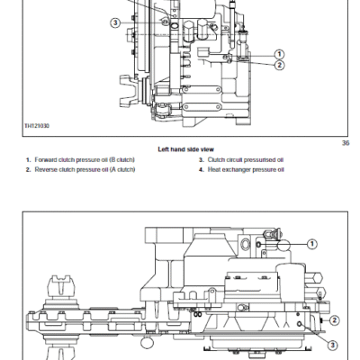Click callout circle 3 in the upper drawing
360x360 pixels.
click(115, 22)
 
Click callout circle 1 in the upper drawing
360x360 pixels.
click(279, 54)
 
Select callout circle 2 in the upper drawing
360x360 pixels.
click(279, 65)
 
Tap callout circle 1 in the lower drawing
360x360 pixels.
click(312, 244)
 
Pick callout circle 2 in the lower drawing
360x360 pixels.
click(335, 320)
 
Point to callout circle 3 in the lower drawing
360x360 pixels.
click(332, 345)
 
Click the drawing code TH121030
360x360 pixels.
click(37, 125)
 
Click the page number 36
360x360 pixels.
click(346, 143)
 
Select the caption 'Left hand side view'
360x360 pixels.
click(186, 149)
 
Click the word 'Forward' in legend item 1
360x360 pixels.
click(46, 159)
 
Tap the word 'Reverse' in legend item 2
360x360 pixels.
click(46, 169)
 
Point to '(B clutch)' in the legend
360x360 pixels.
click(122, 159)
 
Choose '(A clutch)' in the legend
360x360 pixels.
click(122, 169)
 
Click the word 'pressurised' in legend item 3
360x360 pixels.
click(260, 160)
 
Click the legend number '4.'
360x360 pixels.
click(202, 170)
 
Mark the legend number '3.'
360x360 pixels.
click(202, 160)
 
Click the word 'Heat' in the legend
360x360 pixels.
click(214, 170)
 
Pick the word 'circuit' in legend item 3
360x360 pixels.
click(235, 160)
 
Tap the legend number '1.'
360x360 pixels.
click(29, 159)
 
